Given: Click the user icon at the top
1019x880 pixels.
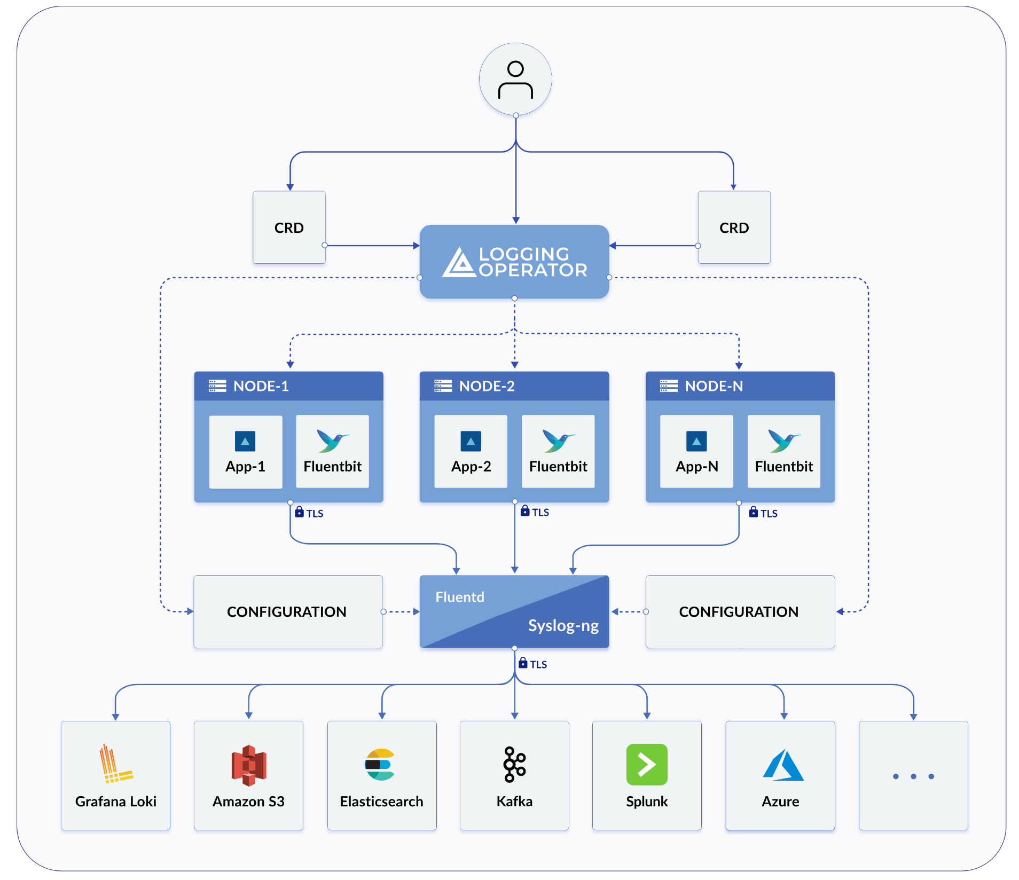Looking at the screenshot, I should click(515, 80).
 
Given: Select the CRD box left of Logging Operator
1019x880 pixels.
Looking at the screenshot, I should click(289, 227).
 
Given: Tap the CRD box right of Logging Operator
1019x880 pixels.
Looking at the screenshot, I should click(734, 227).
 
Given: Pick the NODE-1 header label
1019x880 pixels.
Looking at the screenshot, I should click(261, 386).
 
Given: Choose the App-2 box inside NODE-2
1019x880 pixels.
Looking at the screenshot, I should click(471, 452).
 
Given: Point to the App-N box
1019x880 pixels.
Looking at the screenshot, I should click(696, 452).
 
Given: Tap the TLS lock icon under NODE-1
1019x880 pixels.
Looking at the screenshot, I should click(299, 512).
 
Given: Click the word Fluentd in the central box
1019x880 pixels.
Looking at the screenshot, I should click(460, 597).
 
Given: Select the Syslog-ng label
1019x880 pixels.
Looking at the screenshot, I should click(563, 625).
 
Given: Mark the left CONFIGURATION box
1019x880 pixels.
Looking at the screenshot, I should click(288, 612).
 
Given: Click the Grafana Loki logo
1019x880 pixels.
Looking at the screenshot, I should click(114, 764).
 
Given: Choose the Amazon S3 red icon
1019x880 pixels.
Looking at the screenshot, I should click(248, 765).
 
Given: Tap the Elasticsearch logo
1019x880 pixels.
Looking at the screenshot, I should click(380, 765).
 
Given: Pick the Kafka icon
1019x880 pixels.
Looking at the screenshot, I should click(514, 765).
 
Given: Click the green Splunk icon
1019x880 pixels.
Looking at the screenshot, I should click(647, 765).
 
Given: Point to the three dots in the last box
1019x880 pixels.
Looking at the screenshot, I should click(913, 776).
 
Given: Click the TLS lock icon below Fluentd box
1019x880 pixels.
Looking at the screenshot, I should click(523, 663).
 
